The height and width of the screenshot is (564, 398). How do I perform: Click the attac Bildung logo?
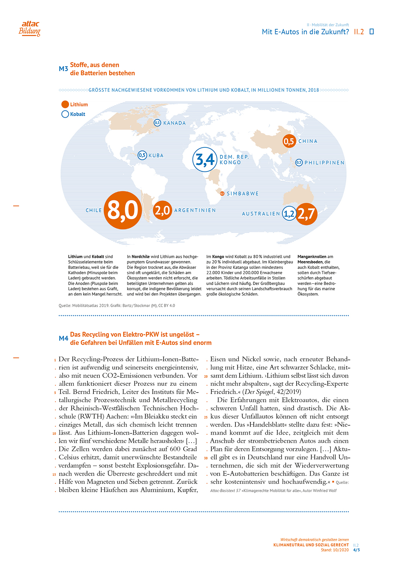tap(30, 29)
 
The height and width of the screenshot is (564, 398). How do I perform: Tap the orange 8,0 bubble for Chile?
tap(123, 210)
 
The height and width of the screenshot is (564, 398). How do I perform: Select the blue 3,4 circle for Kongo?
tap(205, 159)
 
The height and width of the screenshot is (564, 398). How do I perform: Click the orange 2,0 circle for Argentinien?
tap(163, 210)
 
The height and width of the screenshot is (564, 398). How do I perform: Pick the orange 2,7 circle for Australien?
tap(306, 214)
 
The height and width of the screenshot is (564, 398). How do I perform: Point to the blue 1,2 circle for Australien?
tap(289, 214)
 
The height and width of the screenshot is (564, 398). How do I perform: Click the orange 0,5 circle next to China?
tap(289, 141)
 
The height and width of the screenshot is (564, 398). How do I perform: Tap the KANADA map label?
tap(175, 123)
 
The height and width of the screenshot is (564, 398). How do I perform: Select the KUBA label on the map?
tap(156, 155)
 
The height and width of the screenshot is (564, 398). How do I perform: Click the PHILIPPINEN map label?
tap(324, 163)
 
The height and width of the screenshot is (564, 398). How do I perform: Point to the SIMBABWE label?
tap(243, 194)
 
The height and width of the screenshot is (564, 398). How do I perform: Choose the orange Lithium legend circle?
tap(65, 105)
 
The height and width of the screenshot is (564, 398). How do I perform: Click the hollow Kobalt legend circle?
tap(65, 114)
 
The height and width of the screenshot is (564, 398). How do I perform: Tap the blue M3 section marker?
tap(63, 69)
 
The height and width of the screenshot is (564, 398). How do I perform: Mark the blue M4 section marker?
tap(63, 338)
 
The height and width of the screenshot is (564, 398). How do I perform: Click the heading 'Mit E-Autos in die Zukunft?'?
tap(305, 32)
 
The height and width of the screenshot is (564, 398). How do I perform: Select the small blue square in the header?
tap(372, 32)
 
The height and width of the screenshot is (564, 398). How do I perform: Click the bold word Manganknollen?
tap(312, 257)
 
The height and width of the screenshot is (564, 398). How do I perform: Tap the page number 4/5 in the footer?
tap(356, 550)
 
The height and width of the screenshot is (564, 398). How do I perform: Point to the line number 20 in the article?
tap(206, 376)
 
